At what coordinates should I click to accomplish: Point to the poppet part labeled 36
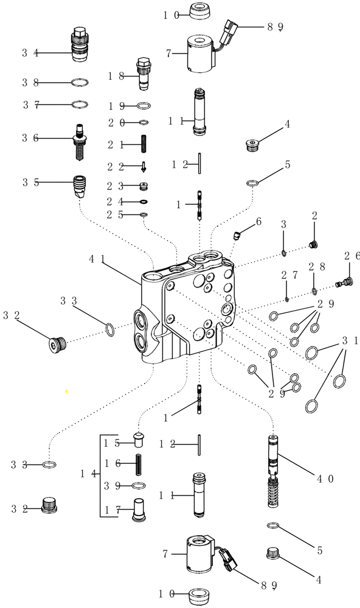click(x=80, y=142)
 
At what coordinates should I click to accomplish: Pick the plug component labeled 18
click(x=144, y=72)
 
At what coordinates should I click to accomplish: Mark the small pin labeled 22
click(x=144, y=166)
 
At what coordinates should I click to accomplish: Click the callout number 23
click(x=116, y=186)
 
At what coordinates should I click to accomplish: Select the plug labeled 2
click(x=314, y=244)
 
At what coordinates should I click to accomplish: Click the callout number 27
click(x=288, y=275)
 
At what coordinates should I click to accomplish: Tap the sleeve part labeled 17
click(x=139, y=507)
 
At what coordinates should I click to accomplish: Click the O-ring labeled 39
click(x=139, y=485)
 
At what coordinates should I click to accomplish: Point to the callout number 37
click(x=30, y=105)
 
